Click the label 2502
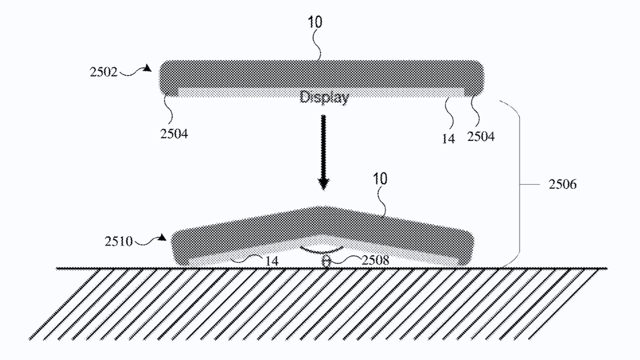(x=104, y=72)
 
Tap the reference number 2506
(x=563, y=184)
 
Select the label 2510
(x=119, y=241)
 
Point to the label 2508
(x=375, y=260)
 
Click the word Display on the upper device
(x=324, y=97)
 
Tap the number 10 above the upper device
(x=315, y=22)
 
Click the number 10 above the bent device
(x=380, y=179)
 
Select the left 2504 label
(x=174, y=134)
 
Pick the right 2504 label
(x=481, y=136)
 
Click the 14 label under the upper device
(x=448, y=139)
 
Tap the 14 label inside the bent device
(x=272, y=261)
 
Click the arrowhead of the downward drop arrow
(x=323, y=184)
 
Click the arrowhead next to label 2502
(x=147, y=68)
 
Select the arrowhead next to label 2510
(x=162, y=237)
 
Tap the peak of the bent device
(x=320, y=207)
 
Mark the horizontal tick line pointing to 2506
(x=530, y=184)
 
